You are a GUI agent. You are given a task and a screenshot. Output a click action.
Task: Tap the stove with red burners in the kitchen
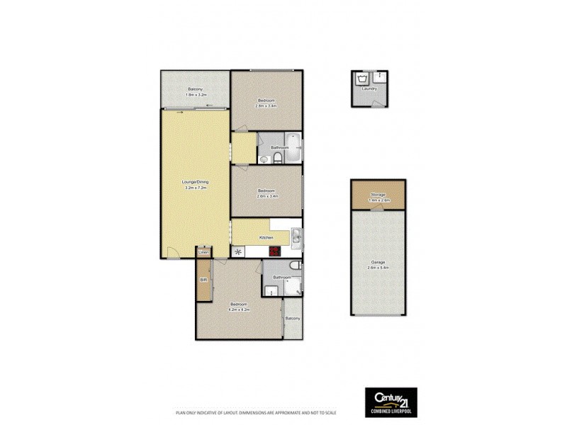coord(272,250)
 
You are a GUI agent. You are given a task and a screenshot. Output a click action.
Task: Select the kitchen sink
coord(297,237)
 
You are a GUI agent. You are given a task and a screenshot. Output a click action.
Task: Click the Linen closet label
coord(203,252)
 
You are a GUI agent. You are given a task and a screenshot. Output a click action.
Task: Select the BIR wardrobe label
coord(203,280)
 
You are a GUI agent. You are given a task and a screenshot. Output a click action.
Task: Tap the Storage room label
coord(378,195)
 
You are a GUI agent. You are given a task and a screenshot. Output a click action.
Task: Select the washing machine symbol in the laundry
coord(364,78)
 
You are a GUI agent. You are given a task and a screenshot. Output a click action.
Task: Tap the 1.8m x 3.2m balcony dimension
coord(195,95)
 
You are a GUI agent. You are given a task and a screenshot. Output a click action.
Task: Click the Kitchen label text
coord(266,237)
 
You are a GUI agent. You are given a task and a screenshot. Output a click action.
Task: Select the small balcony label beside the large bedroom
coord(292,319)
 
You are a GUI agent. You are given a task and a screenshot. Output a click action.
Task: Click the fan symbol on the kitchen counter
coord(238,250)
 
